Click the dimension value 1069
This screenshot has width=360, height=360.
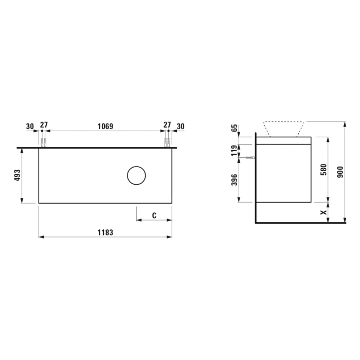[105, 125]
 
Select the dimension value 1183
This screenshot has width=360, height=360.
[105, 232]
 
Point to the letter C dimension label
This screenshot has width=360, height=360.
[154, 215]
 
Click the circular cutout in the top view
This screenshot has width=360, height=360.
[137, 176]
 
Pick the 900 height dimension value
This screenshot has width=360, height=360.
[338, 172]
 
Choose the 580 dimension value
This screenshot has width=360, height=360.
[323, 169]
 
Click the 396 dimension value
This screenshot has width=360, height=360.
[235, 180]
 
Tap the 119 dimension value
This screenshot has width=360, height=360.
[235, 150]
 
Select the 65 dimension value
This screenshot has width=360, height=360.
[235, 129]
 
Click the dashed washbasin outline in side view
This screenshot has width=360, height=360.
[284, 129]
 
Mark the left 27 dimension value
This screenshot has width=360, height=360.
[44, 125]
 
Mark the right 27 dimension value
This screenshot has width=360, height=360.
[167, 125]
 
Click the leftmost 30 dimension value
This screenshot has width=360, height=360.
[30, 125]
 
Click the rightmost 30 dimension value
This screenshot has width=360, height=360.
[181, 125]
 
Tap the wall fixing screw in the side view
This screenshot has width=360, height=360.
[250, 158]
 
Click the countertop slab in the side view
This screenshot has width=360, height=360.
[284, 140]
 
